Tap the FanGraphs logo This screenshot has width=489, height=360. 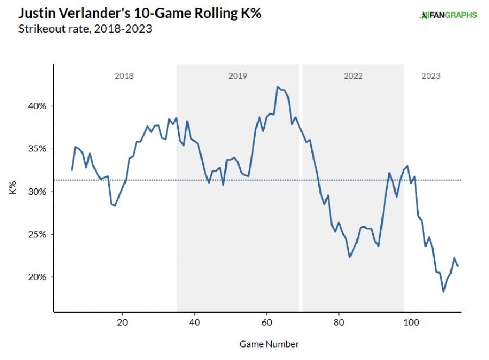448,15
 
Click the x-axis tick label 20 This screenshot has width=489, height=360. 122,321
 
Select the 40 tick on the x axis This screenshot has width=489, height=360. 195,321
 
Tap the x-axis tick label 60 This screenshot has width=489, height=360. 266,321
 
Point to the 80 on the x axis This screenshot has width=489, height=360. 338,321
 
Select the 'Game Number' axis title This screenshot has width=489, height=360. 269,344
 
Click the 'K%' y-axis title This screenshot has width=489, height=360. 13,191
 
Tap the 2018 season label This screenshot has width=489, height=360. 124,76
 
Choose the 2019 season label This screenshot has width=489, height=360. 237,76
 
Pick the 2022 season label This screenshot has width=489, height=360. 353,76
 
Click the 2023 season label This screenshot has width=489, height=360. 431,76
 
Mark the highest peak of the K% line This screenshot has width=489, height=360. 277,86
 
